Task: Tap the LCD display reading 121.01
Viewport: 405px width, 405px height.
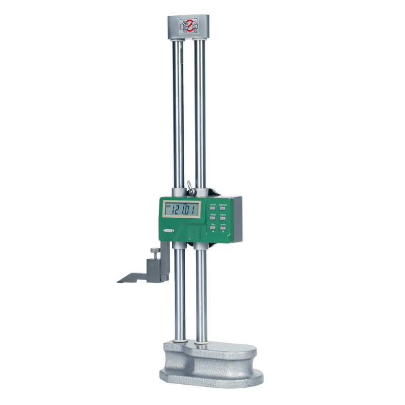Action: tap(181, 209)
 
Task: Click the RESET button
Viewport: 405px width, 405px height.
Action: tap(213, 217)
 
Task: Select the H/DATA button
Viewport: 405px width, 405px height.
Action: tap(223, 217)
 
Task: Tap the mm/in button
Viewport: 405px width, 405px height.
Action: tap(223, 228)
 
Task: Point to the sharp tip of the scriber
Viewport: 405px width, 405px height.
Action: tap(118, 281)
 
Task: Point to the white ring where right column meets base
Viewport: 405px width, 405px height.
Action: tap(201, 345)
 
